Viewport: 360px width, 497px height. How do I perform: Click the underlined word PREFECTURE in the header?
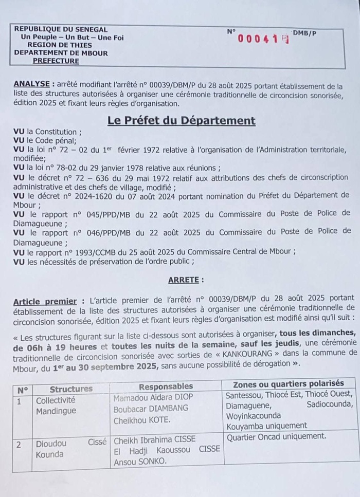click(x=56, y=61)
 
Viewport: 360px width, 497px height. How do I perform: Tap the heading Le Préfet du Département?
click(x=181, y=121)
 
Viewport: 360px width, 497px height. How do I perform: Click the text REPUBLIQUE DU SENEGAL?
click(x=61, y=29)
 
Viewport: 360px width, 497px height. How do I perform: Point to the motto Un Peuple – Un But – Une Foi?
click(x=72, y=37)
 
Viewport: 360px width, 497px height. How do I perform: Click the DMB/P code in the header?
click(x=305, y=33)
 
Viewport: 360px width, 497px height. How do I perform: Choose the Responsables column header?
click(x=166, y=386)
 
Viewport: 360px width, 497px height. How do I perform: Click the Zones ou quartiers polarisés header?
click(x=289, y=384)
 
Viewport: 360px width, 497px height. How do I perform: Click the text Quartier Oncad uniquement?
click(x=276, y=436)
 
